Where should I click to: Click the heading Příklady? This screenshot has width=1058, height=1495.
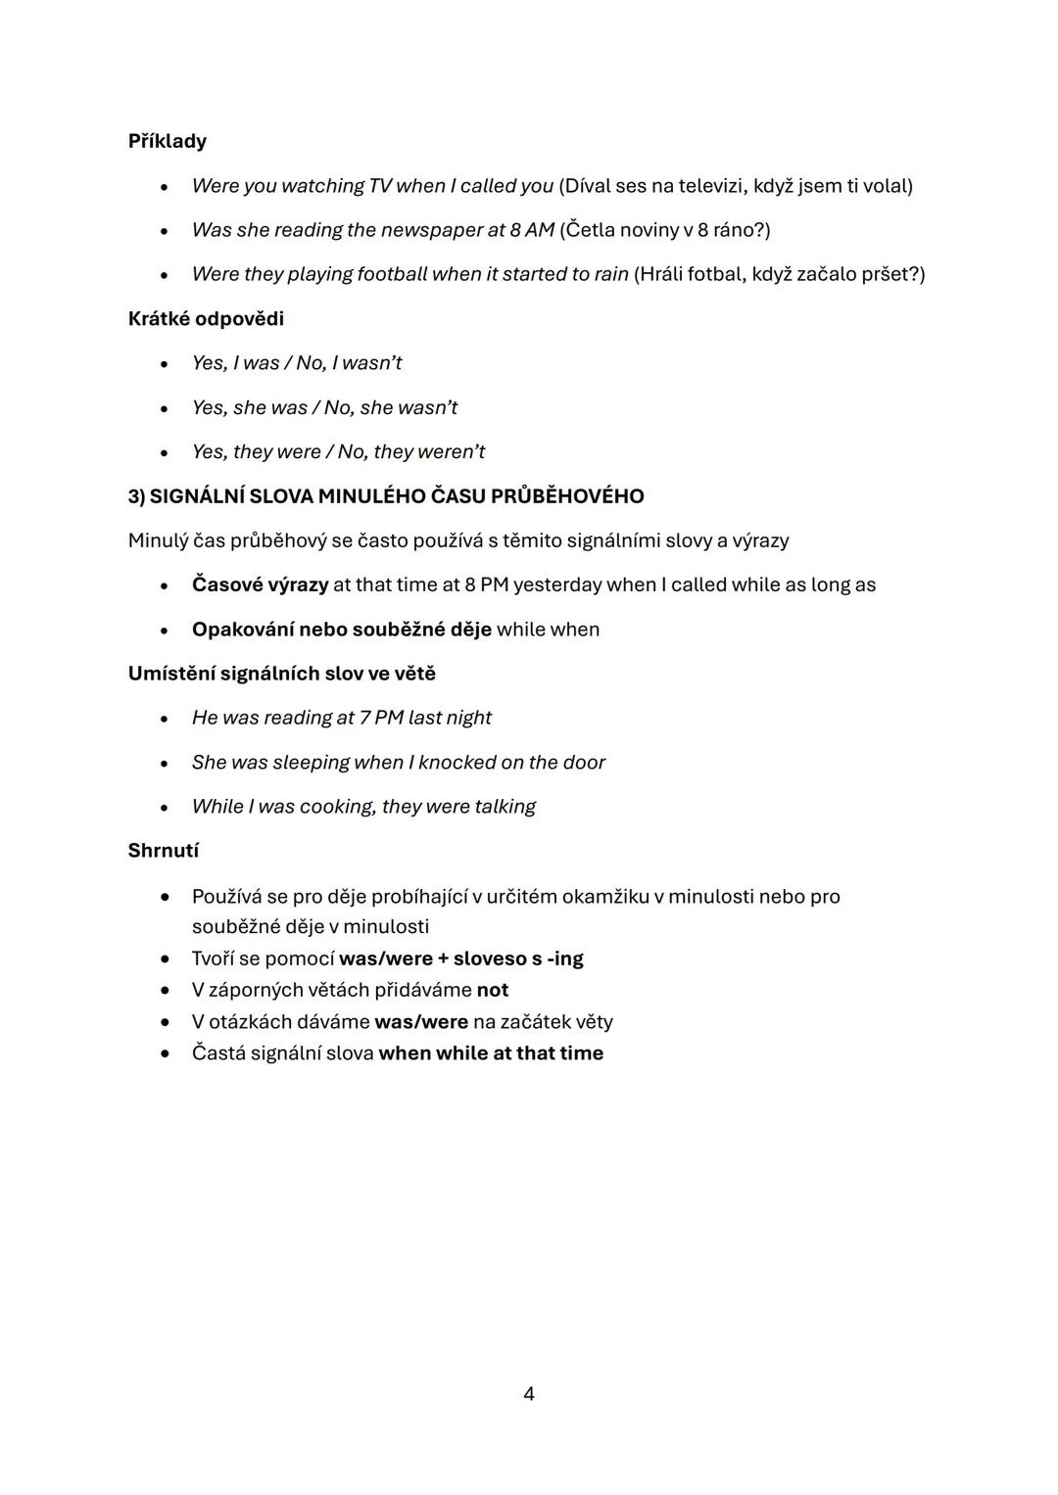pyautogui.click(x=167, y=141)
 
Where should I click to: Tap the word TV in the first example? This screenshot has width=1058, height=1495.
pyautogui.click(x=379, y=186)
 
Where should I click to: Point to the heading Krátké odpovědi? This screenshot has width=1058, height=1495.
pyautogui.click(x=206, y=319)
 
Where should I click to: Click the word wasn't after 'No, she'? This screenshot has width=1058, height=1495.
pyautogui.click(x=427, y=407)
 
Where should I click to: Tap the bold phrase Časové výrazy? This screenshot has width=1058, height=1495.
pyautogui.click(x=260, y=585)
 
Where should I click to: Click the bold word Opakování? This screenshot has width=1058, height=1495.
pyautogui.click(x=241, y=630)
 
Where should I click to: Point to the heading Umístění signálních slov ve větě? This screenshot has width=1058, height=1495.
pyautogui.click(x=281, y=674)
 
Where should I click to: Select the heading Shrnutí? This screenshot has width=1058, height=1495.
pyautogui.click(x=163, y=851)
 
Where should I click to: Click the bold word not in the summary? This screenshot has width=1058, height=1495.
pyautogui.click(x=492, y=990)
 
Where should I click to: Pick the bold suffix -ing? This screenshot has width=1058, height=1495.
pyautogui.click(x=564, y=958)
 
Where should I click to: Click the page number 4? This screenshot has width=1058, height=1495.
pyautogui.click(x=529, y=1394)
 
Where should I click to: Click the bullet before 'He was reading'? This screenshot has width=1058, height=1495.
pyautogui.click(x=165, y=719)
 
